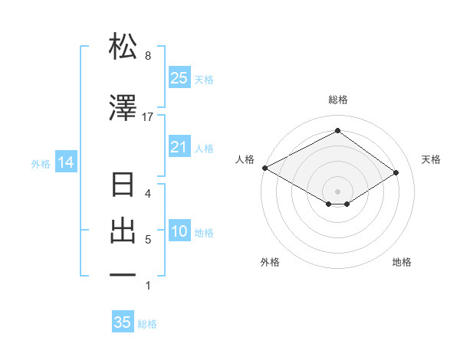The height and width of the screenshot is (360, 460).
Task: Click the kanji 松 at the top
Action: (x=123, y=47)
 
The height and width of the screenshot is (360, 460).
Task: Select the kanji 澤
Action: (x=123, y=108)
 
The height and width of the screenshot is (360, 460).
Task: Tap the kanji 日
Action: (x=123, y=186)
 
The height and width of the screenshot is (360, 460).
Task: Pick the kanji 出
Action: (x=123, y=231)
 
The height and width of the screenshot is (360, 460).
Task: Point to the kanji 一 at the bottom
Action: (x=123, y=274)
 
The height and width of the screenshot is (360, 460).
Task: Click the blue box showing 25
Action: (x=179, y=77)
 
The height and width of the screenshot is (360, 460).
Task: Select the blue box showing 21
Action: (x=179, y=146)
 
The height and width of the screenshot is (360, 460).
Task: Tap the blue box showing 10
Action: (x=179, y=232)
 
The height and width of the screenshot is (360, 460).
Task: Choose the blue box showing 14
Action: (x=65, y=162)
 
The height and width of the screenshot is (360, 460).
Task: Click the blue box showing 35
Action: (x=123, y=322)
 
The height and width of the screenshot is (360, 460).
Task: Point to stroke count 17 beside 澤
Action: (x=148, y=117)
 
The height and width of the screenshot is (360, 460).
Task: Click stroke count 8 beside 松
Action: (x=148, y=56)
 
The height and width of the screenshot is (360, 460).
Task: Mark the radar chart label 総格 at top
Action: (x=337, y=100)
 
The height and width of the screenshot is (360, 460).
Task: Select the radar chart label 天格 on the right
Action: (x=431, y=159)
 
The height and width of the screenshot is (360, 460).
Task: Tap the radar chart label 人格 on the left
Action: (x=245, y=159)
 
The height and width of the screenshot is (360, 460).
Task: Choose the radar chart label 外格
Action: (x=270, y=263)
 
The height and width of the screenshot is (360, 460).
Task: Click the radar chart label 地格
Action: (x=402, y=263)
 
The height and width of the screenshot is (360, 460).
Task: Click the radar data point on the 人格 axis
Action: (x=264, y=167)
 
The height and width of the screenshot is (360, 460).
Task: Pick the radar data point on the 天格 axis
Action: (x=396, y=172)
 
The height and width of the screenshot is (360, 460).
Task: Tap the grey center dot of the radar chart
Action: (x=337, y=191)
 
